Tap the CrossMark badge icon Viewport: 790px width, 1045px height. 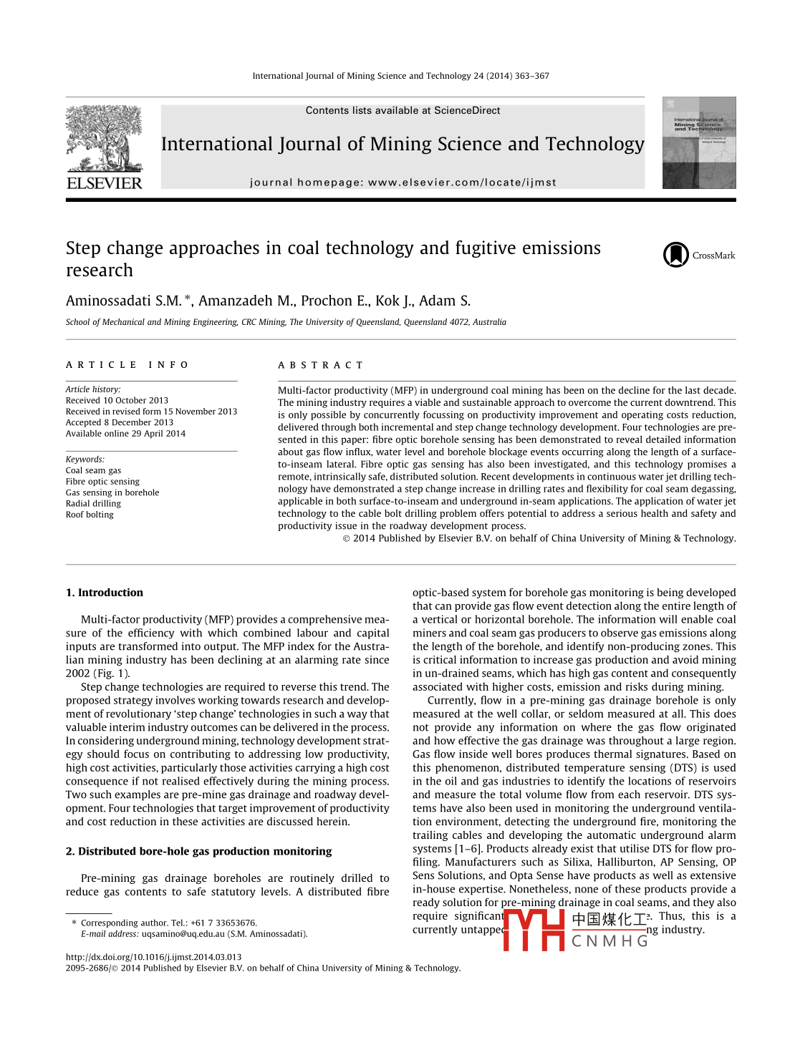(x=675, y=255)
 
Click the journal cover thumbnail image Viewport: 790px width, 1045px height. (x=699, y=143)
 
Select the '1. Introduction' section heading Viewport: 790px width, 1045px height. (x=105, y=593)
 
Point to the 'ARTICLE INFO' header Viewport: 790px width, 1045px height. (x=127, y=365)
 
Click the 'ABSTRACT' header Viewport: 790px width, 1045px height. (x=321, y=365)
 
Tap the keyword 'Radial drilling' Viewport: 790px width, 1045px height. (x=93, y=503)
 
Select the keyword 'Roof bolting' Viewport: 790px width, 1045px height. (x=90, y=514)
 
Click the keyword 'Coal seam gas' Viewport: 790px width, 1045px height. (x=93, y=470)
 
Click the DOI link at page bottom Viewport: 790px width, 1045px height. (x=153, y=957)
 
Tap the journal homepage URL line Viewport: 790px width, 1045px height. (x=403, y=183)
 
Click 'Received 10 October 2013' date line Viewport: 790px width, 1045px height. (x=117, y=400)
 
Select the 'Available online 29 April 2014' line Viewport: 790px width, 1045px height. (x=125, y=433)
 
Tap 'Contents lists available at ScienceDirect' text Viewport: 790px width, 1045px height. (x=403, y=110)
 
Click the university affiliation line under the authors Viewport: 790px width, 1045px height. (x=286, y=322)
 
